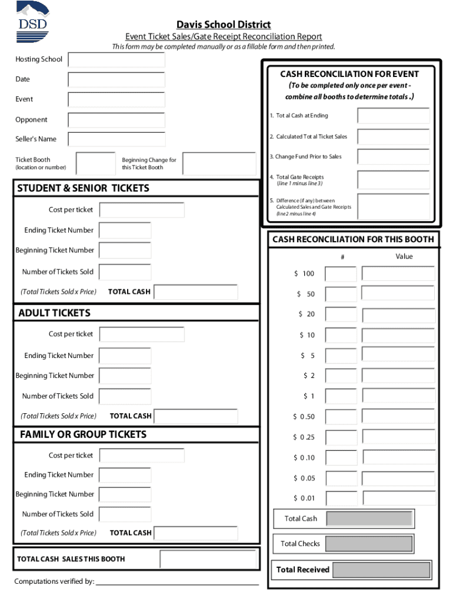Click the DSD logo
point(33,21)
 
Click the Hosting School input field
point(116,60)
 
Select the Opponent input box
point(116,120)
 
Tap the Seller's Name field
point(116,139)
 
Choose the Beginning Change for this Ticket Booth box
point(219,163)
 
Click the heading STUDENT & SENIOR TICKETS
point(84,189)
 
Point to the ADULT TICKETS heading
point(55,313)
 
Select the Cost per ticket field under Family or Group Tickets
point(141,456)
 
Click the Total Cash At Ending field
point(394,116)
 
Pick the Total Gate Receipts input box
point(394,179)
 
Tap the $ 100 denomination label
point(305,274)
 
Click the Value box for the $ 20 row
point(398,314)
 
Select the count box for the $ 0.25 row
point(341,437)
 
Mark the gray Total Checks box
point(368,544)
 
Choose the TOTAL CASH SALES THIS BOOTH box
point(208,559)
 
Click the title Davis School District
point(224,25)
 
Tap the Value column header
point(404,257)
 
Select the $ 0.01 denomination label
point(304,499)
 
